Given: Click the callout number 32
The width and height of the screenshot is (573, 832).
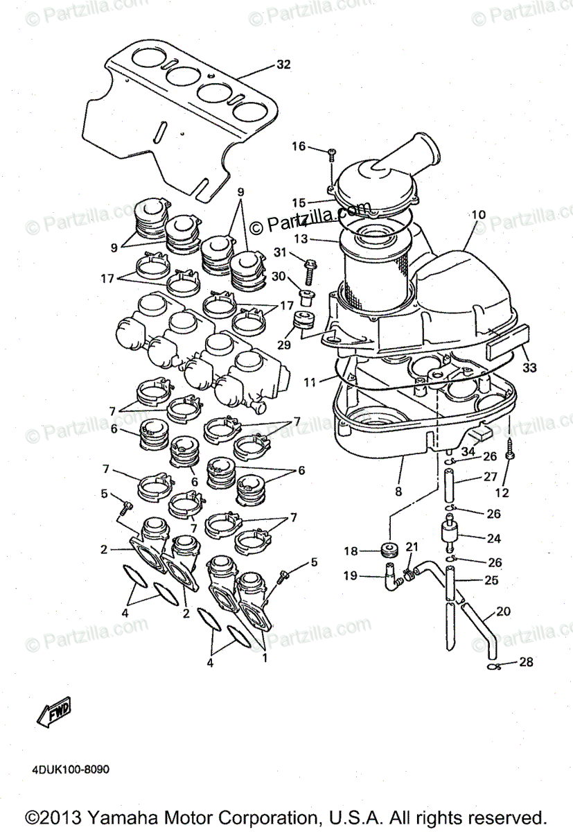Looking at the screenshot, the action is tap(283, 64).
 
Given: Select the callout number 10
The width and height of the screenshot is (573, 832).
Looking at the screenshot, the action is tap(479, 215).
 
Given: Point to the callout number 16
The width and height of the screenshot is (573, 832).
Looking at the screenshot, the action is tap(298, 146).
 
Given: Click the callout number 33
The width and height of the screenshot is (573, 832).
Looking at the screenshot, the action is tap(529, 367).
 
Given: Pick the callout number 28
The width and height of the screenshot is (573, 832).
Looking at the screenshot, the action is tap(526, 662).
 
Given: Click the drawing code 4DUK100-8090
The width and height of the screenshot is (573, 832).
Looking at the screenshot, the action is tap(69, 770).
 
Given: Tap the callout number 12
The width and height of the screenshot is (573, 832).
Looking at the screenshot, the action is tap(502, 493).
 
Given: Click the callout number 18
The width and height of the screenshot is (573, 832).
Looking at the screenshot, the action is tap(351, 551).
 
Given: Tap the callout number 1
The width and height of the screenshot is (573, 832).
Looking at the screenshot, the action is tap(263, 657).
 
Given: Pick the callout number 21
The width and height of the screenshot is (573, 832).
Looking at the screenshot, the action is tap(412, 548).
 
